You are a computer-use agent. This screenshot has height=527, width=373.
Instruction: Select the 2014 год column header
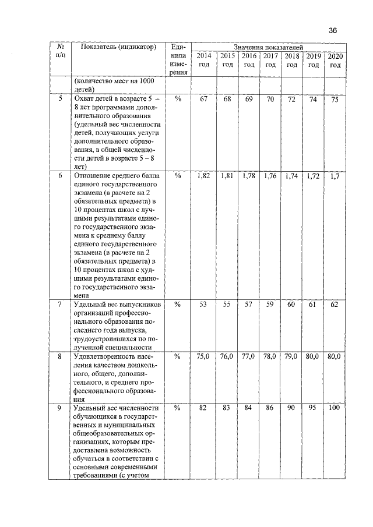[203, 60]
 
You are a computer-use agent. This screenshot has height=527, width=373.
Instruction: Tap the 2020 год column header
[335, 60]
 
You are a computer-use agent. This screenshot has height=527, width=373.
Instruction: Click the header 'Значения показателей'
[268, 47]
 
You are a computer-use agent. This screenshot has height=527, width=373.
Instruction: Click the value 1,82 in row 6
[203, 175]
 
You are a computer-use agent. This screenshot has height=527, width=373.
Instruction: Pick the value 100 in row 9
[334, 408]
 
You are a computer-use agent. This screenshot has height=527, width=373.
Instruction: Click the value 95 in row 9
[312, 408]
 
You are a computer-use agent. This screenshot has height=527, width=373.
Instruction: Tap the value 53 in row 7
[203, 305]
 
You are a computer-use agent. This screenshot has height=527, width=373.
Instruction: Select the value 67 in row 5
[203, 100]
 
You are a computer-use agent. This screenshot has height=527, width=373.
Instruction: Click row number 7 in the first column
[60, 305]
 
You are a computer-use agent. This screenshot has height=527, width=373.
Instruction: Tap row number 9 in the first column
[60, 408]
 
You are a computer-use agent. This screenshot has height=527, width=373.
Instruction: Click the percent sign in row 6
[178, 175]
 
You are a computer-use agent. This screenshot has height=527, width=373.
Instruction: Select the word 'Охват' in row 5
[82, 100]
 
